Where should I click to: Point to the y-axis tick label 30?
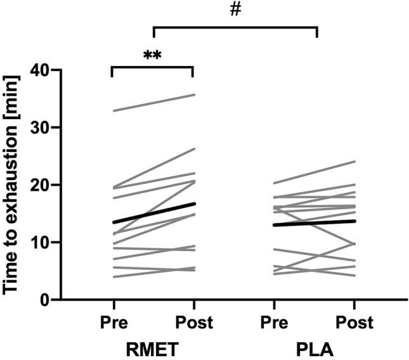[x=37, y=127]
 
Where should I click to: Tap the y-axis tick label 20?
[x=37, y=185]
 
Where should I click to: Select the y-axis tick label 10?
[x=37, y=242]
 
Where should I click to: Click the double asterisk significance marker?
[x=152, y=55]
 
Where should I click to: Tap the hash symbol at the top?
[x=236, y=11]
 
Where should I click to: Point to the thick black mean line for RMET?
[x=153, y=213]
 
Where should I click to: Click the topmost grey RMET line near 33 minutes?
[x=153, y=103]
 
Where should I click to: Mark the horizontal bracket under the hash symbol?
[x=235, y=27]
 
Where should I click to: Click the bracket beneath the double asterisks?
[x=153, y=67]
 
